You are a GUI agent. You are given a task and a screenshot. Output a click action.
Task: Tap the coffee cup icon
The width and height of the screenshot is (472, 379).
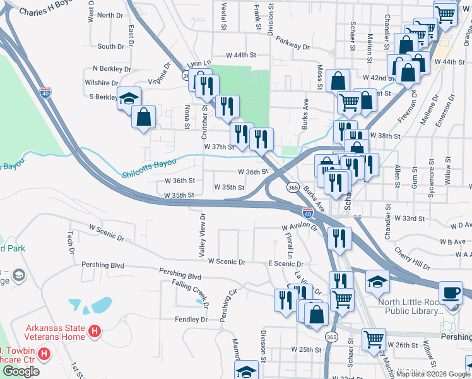point(450,293)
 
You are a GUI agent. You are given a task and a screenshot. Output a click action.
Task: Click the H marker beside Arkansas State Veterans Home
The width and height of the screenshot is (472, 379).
point(94,330)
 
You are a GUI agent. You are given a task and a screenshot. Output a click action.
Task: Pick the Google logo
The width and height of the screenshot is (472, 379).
point(21,371)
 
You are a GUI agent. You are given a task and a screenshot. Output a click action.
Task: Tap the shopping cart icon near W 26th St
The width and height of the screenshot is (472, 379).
point(374,339)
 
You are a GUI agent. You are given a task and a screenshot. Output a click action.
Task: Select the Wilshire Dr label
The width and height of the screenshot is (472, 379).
point(101,83)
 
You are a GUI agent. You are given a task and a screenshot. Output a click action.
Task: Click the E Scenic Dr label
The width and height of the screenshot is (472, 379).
point(286,263)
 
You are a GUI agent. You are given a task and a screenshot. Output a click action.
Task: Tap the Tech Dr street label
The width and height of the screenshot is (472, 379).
point(71,238)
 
